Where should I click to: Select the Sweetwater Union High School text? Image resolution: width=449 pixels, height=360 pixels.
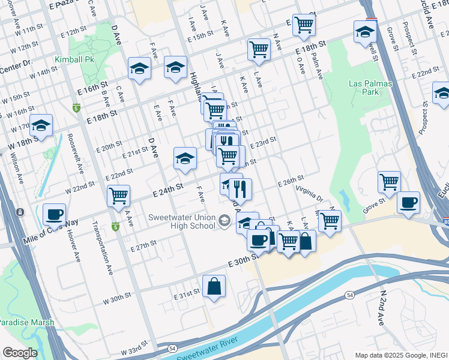[x=182, y=221]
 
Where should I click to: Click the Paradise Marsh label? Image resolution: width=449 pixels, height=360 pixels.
[x=26, y=322]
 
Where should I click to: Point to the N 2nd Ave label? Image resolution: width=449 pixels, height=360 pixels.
[x=382, y=308]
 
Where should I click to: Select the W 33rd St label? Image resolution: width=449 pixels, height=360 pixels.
[x=134, y=351]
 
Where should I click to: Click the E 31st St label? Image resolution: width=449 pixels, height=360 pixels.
[x=186, y=296]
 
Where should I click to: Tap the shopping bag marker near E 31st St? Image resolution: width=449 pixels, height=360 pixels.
[x=214, y=287]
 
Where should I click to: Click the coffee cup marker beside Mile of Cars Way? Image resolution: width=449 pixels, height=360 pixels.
[x=54, y=214]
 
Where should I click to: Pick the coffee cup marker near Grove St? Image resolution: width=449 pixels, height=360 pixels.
[x=408, y=202]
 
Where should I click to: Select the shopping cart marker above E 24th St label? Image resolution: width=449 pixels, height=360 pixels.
[x=118, y=195]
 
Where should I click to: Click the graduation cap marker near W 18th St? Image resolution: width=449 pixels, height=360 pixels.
[x=41, y=125]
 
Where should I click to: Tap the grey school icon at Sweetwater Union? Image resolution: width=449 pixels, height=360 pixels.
[x=224, y=221]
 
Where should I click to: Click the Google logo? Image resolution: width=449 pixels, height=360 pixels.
[x=19, y=353]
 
